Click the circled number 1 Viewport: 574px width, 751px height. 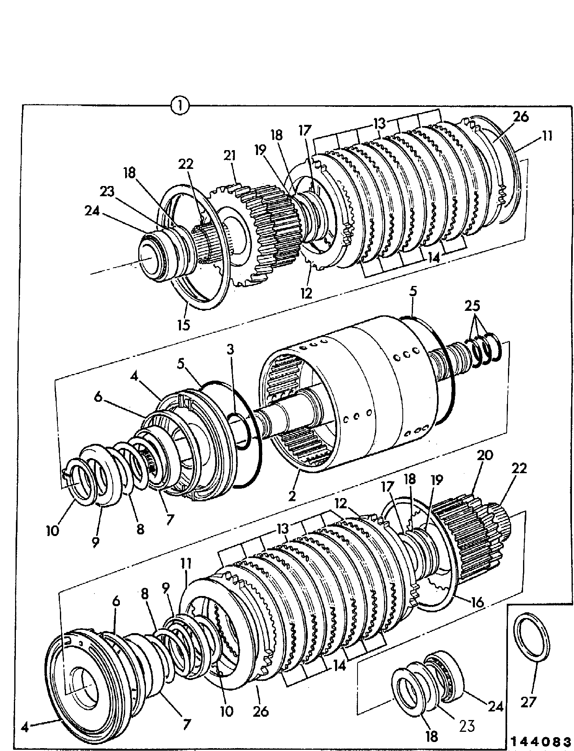(180, 106)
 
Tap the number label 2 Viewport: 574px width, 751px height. (291, 496)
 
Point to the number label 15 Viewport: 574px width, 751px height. (184, 326)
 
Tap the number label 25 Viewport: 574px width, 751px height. (474, 306)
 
